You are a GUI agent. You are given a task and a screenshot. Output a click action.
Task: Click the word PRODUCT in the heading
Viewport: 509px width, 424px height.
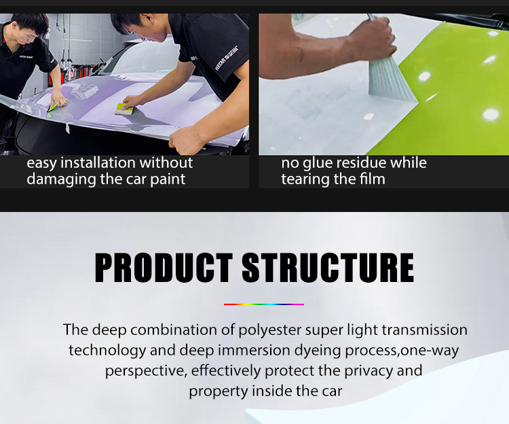pos(164,268)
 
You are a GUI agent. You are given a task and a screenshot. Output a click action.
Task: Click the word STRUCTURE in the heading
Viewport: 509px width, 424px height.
pos(328,268)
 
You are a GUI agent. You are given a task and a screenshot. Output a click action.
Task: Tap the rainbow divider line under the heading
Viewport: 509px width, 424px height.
pos(264,304)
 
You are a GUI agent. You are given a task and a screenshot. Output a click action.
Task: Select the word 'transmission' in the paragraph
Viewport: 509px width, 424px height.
pos(425,330)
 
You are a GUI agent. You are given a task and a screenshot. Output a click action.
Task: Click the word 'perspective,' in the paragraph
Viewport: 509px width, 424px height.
pos(146,372)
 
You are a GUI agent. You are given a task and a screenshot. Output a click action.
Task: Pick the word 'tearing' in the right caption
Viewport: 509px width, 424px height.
pos(304,179)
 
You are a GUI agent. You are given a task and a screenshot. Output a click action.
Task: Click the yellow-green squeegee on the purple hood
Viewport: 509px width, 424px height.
pos(124,109)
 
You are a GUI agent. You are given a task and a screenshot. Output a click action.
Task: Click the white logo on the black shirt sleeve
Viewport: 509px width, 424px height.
pos(227,58)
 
